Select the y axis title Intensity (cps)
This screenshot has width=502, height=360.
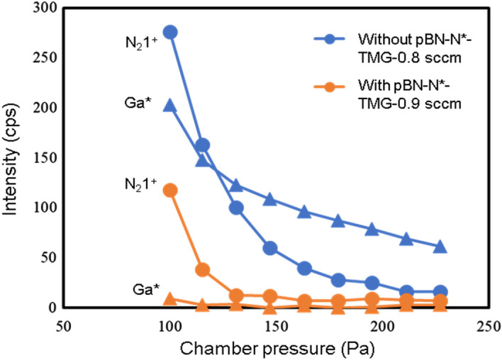pyautogui.click(x=11, y=157)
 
